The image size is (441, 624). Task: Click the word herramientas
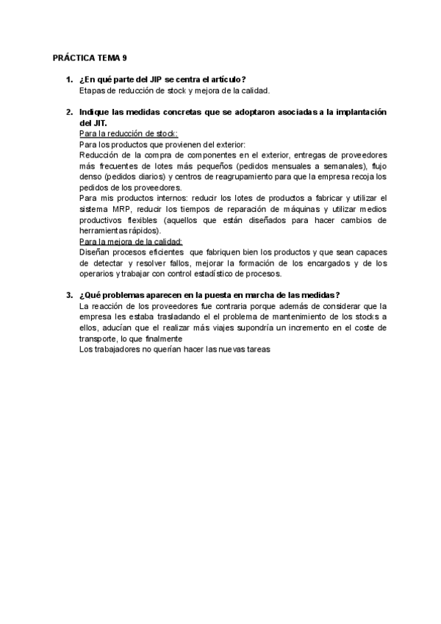point(105,231)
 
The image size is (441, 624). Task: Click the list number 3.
point(68,296)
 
